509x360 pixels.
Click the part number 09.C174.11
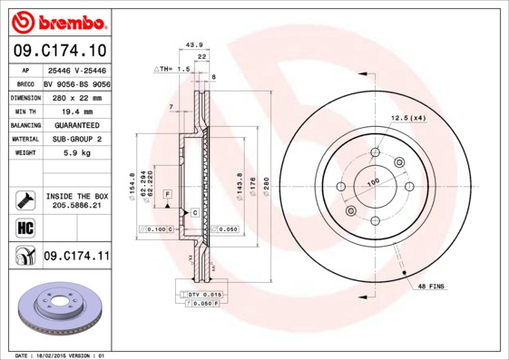(x=76, y=257)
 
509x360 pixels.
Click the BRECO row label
(x=26, y=83)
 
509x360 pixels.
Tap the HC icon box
(x=25, y=227)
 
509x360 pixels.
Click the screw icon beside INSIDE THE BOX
(x=25, y=200)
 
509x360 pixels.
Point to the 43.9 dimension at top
(x=192, y=44)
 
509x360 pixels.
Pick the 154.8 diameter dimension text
(x=132, y=185)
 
